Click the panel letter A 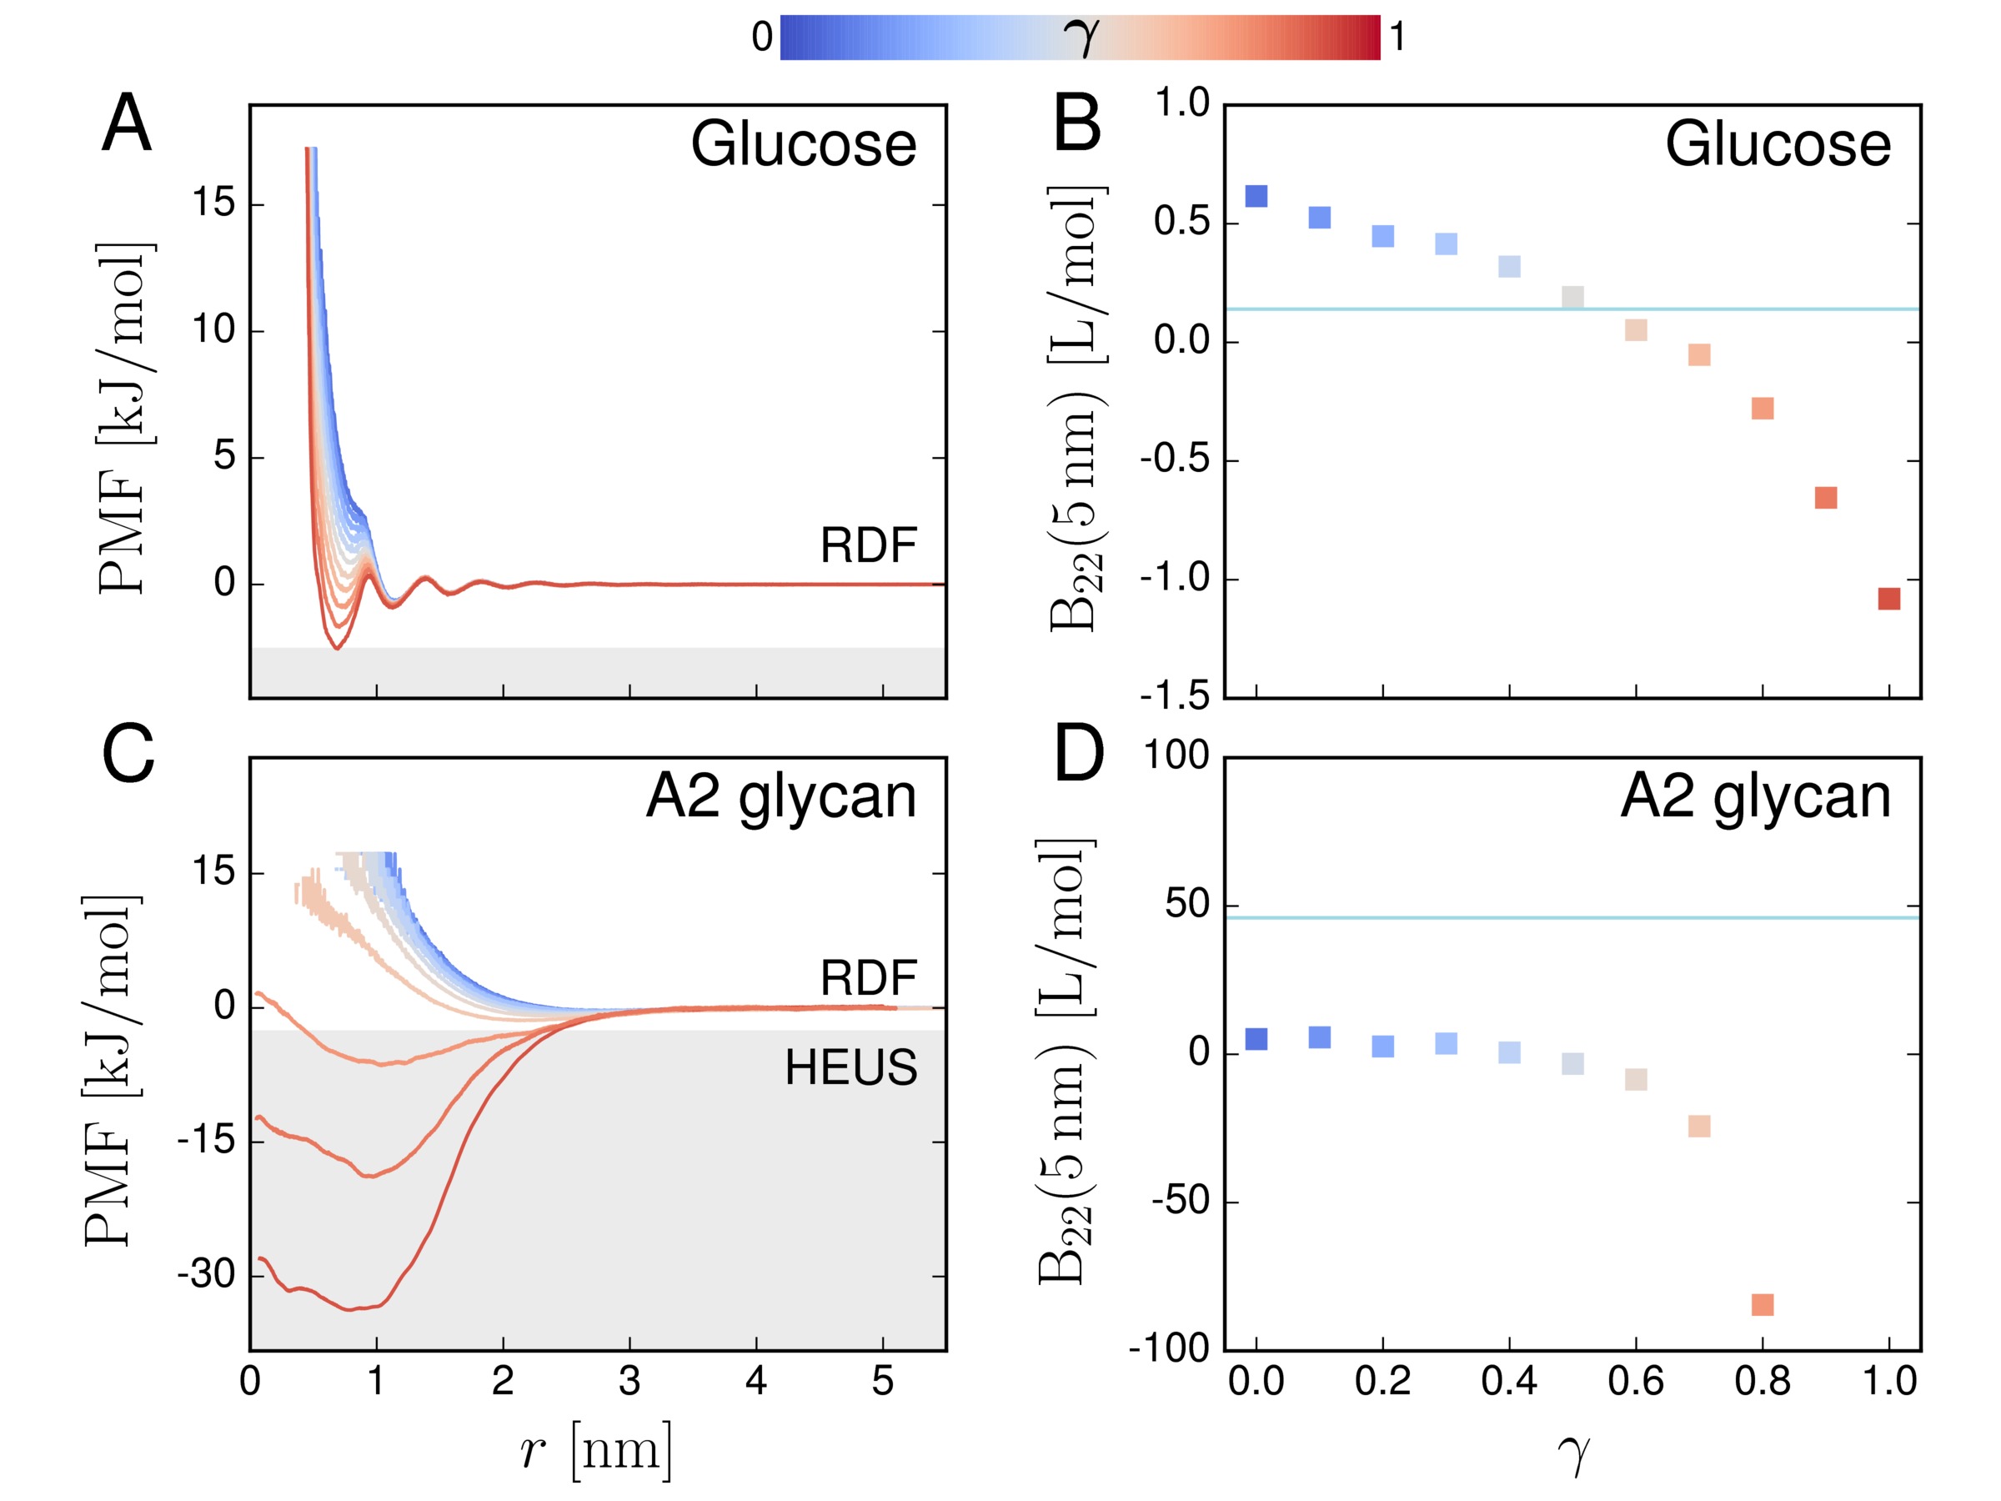coord(126,124)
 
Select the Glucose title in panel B coord(1778,145)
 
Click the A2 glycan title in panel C coord(780,797)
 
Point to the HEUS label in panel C coord(850,1067)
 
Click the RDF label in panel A coord(868,545)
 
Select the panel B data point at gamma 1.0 coord(1888,599)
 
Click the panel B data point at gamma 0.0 coord(1256,196)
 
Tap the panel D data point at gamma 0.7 coord(1699,1127)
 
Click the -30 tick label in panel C coord(206,1274)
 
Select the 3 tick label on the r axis coord(629,1382)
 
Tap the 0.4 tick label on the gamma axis coord(1509,1382)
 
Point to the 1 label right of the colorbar coord(1397,37)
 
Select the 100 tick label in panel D coord(1176,756)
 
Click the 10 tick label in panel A coord(213,330)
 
